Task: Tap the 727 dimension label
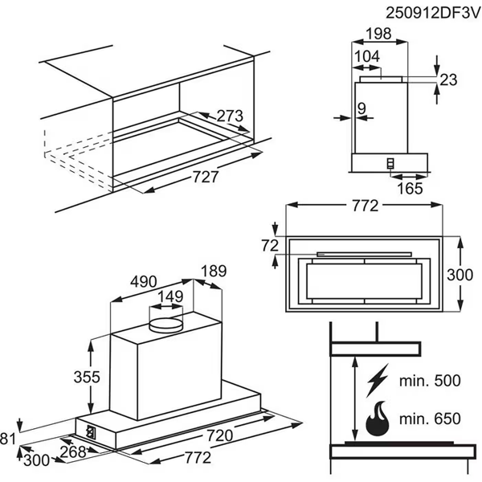[205, 178]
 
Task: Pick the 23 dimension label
[448, 79]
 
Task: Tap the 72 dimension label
[270, 245]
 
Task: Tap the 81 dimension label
[7, 438]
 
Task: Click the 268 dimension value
[72, 453]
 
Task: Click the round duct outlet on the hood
[166, 325]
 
